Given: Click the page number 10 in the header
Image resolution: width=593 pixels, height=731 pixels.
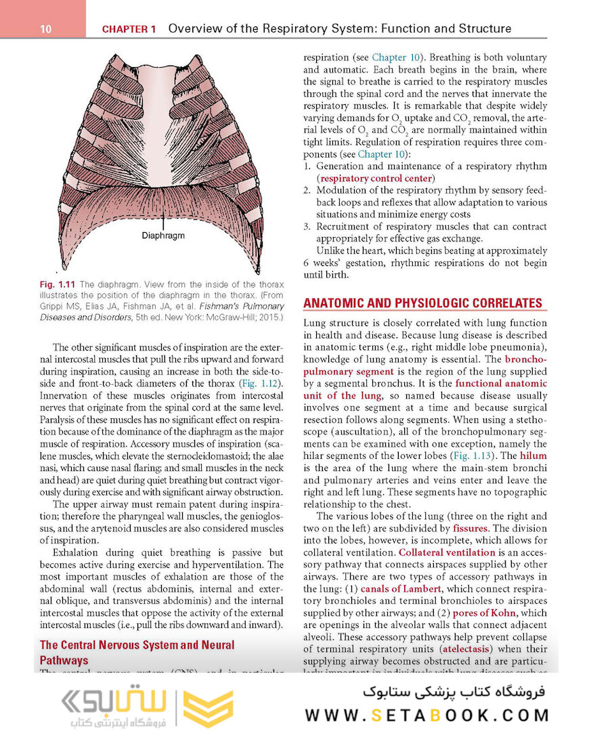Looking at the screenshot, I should (x=46, y=29).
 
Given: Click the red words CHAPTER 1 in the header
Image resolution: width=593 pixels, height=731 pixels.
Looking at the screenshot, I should (x=129, y=29).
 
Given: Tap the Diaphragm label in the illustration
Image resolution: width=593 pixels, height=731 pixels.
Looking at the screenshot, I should (x=163, y=236).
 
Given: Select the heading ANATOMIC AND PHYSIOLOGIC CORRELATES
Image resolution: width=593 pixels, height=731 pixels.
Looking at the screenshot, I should (x=422, y=303).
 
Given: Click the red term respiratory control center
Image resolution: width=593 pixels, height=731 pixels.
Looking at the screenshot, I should (x=376, y=178).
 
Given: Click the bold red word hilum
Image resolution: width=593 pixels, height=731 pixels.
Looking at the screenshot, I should (x=533, y=456).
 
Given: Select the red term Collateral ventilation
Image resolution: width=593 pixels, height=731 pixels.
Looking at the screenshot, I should (x=447, y=552).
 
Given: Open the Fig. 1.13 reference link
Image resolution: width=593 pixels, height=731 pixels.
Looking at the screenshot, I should (x=475, y=456).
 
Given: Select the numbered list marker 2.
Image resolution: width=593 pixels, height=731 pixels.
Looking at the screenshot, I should (x=307, y=190).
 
